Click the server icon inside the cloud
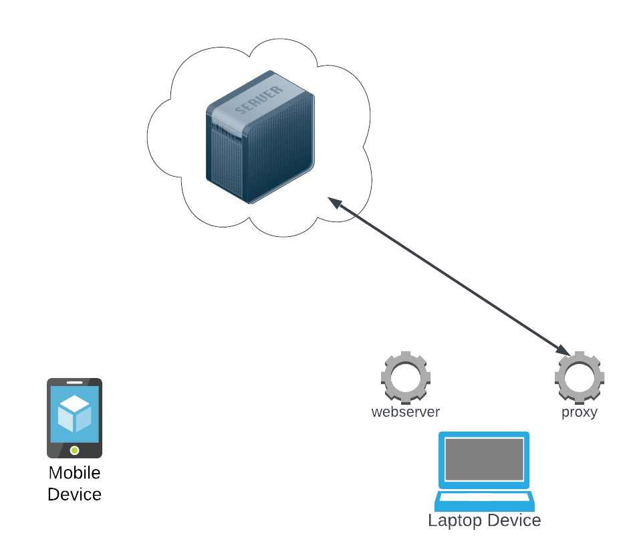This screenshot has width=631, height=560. [x=260, y=137]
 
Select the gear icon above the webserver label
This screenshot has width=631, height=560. [x=405, y=376]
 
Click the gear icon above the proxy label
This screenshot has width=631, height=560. [x=579, y=376]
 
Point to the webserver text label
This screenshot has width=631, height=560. [x=406, y=412]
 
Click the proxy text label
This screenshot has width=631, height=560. [x=579, y=412]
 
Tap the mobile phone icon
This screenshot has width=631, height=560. [x=74, y=418]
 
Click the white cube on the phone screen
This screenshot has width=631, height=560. [x=74, y=413]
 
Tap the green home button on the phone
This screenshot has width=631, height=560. [x=74, y=450]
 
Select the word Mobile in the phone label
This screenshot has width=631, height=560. [x=74, y=473]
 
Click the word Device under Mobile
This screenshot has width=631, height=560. [x=74, y=494]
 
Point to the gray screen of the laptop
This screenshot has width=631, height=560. [x=484, y=459]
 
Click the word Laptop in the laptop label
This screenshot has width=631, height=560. [x=455, y=521]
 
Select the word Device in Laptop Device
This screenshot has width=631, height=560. [x=514, y=521]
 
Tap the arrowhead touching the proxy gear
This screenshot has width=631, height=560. [x=563, y=351]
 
